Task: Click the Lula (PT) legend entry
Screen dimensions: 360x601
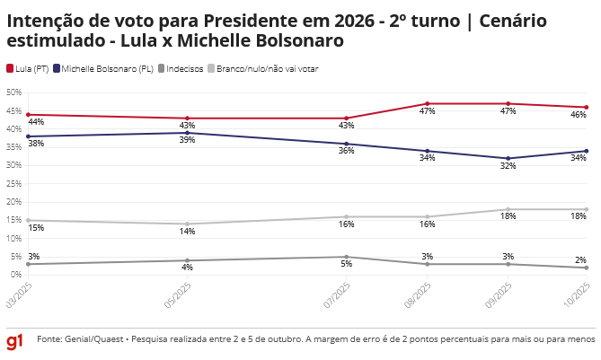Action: (28, 68)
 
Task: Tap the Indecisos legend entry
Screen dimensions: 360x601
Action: (181, 68)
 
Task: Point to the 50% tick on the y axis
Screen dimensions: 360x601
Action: (13, 92)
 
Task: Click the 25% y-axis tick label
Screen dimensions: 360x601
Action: (13, 184)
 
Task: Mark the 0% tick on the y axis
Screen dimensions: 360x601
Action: (15, 275)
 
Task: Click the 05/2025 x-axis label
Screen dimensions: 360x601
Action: (177, 294)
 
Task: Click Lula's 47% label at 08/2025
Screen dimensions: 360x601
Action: (427, 111)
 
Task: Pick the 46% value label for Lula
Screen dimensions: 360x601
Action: (579, 116)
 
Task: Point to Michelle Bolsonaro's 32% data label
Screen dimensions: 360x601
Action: (508, 166)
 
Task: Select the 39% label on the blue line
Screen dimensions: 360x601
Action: (187, 141)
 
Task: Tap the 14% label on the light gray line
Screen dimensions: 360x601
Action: (187, 233)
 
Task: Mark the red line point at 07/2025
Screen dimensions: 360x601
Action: (347, 119)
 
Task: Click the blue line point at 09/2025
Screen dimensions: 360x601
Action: (508, 158)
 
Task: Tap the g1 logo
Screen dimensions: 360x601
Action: (14, 342)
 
